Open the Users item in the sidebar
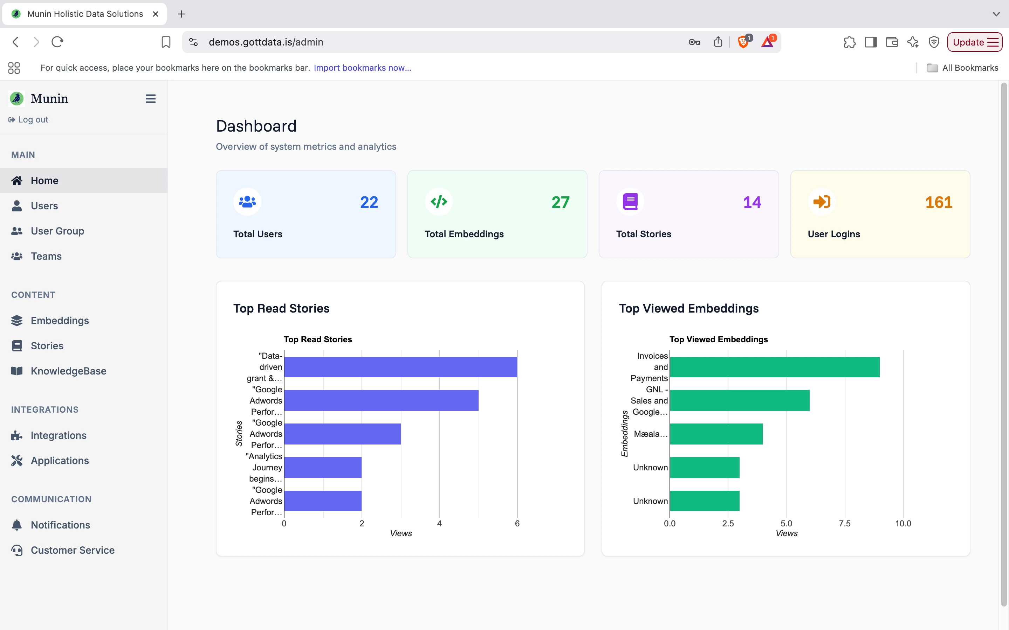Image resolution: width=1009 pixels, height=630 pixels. point(44,206)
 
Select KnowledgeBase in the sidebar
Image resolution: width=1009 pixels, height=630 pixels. point(68,371)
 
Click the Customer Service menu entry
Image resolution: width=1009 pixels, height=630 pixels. point(72,550)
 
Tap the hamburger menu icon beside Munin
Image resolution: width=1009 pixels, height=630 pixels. point(151,99)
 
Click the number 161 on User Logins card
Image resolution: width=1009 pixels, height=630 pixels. point(938,203)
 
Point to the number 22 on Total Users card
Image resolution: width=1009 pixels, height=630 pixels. point(369,203)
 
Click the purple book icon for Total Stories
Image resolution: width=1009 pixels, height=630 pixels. point(630,202)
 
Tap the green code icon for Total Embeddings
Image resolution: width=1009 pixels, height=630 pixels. point(439,202)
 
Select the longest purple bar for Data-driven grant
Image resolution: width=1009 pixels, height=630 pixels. point(400,367)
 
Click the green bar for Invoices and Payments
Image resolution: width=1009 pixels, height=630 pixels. point(774,367)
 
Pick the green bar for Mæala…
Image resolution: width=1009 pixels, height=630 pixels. point(716,434)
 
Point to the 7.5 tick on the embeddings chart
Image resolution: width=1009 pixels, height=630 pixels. point(844,524)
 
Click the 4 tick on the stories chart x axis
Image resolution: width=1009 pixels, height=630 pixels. point(439,524)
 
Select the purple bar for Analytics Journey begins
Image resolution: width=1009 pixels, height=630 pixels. point(323,468)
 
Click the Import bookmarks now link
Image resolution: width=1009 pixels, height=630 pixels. point(362,68)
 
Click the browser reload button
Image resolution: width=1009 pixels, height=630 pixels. point(57,42)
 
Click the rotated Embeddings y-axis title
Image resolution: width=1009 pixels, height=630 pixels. point(625,433)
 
